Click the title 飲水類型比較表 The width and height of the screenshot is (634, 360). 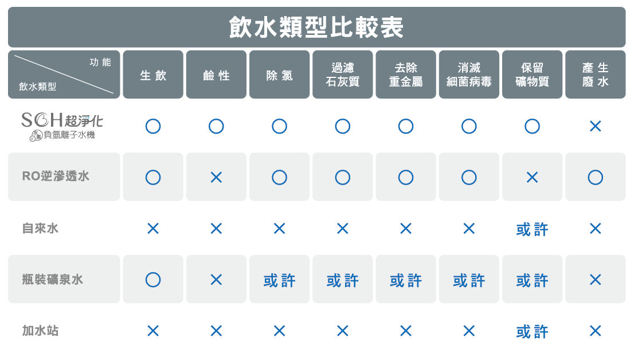point(316,27)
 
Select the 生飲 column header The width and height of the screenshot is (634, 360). point(153,75)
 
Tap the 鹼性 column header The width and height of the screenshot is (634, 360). point(216,75)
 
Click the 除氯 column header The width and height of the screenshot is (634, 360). point(279,75)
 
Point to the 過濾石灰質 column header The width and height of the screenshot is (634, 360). point(342,75)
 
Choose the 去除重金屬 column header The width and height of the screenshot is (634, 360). point(406,75)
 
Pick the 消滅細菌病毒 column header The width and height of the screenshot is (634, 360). point(469,75)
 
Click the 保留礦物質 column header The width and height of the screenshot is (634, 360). point(532,75)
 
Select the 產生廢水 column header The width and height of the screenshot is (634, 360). point(595,75)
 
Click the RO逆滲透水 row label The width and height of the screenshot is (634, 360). point(56,177)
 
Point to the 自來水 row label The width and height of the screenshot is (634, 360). point(40,228)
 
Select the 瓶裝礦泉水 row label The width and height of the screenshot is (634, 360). point(53,280)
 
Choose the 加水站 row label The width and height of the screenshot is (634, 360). point(40,331)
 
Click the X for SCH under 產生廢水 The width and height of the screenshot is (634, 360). point(595,126)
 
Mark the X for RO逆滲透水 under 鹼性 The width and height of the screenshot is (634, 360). point(216,177)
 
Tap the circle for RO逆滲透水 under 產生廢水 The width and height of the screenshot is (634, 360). point(595,177)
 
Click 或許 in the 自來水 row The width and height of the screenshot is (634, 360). point(532,229)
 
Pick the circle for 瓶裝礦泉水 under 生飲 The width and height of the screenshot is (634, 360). point(153,280)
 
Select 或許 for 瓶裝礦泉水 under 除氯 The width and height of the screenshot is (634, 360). point(279,280)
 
